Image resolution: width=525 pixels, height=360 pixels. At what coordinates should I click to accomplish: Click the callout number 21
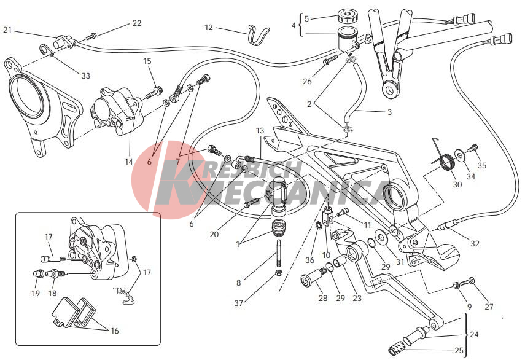(x=7, y=30)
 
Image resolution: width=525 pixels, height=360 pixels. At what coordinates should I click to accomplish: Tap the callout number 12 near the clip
(x=209, y=27)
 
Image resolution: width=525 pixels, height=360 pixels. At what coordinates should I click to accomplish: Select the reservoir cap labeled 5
(x=348, y=16)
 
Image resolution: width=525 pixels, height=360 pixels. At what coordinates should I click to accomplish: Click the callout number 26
(x=307, y=81)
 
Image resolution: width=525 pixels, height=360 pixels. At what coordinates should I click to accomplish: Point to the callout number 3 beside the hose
(x=389, y=112)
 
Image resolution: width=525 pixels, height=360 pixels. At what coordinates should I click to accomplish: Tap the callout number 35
(x=482, y=165)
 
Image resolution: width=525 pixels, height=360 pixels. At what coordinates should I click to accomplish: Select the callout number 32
(x=475, y=243)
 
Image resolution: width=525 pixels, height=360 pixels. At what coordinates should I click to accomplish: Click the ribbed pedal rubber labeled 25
(x=396, y=350)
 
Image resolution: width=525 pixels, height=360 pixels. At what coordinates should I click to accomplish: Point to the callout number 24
(x=474, y=334)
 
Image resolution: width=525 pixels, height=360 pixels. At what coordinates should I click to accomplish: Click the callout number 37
(x=238, y=303)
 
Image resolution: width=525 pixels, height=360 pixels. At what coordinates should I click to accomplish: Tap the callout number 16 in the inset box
(x=114, y=331)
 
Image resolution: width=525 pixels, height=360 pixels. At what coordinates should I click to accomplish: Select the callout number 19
(x=36, y=293)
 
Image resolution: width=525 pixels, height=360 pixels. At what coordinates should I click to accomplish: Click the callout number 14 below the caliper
(x=129, y=162)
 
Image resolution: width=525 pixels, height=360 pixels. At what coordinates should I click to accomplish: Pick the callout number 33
(x=86, y=76)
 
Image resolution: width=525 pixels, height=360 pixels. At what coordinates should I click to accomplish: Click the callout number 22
(x=136, y=23)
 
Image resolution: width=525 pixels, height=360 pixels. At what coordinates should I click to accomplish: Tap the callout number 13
(x=260, y=131)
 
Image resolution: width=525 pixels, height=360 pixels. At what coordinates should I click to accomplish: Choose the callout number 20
(x=214, y=234)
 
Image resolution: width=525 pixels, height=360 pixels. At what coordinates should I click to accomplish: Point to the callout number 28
(x=323, y=298)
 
